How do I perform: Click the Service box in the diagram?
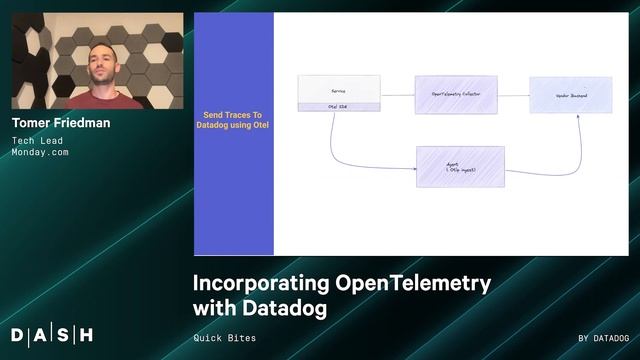point(339,88)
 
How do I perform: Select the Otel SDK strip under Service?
point(339,106)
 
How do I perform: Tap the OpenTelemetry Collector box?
point(457,95)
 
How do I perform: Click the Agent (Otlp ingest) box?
point(460,167)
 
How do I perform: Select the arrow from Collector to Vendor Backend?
point(514,95)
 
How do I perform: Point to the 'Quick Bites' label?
point(224,338)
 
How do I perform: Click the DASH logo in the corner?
point(52,334)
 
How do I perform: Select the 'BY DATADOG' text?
point(603,338)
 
